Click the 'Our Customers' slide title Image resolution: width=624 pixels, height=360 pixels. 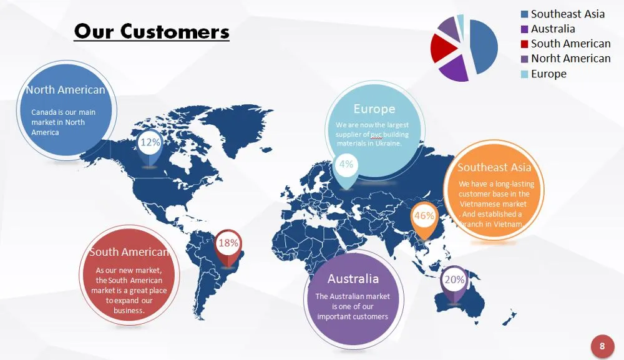[152, 31]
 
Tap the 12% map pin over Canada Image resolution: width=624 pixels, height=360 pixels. [150, 147]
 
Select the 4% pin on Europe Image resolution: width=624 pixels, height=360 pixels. [346, 170]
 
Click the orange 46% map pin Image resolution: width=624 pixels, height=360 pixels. [424, 220]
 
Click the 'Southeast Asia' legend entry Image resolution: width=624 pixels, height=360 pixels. [563, 14]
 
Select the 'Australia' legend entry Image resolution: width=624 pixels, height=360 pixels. [548, 29]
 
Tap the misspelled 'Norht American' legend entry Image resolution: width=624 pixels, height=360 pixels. [565, 59]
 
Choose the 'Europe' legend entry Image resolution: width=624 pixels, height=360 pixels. [544, 74]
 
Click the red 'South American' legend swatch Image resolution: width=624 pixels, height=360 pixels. [525, 44]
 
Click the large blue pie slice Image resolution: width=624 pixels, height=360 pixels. [484, 47]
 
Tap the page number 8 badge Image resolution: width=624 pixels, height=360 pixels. [602, 346]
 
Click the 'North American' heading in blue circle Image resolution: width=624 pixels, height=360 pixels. [66, 90]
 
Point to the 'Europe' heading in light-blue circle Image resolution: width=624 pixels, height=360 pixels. [374, 109]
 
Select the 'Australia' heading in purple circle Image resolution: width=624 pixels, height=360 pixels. [353, 278]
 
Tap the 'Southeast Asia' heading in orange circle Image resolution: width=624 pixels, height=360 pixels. [494, 167]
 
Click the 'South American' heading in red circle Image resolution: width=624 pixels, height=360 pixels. [129, 252]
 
